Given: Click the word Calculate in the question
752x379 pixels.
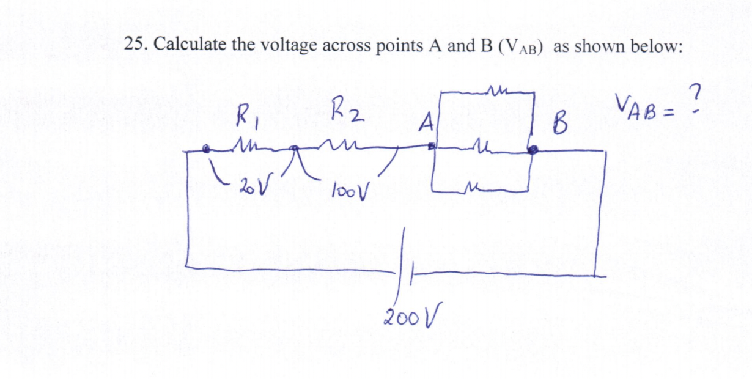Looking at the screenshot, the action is click(x=184, y=45).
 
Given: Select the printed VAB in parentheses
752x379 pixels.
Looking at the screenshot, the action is click(x=522, y=47).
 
